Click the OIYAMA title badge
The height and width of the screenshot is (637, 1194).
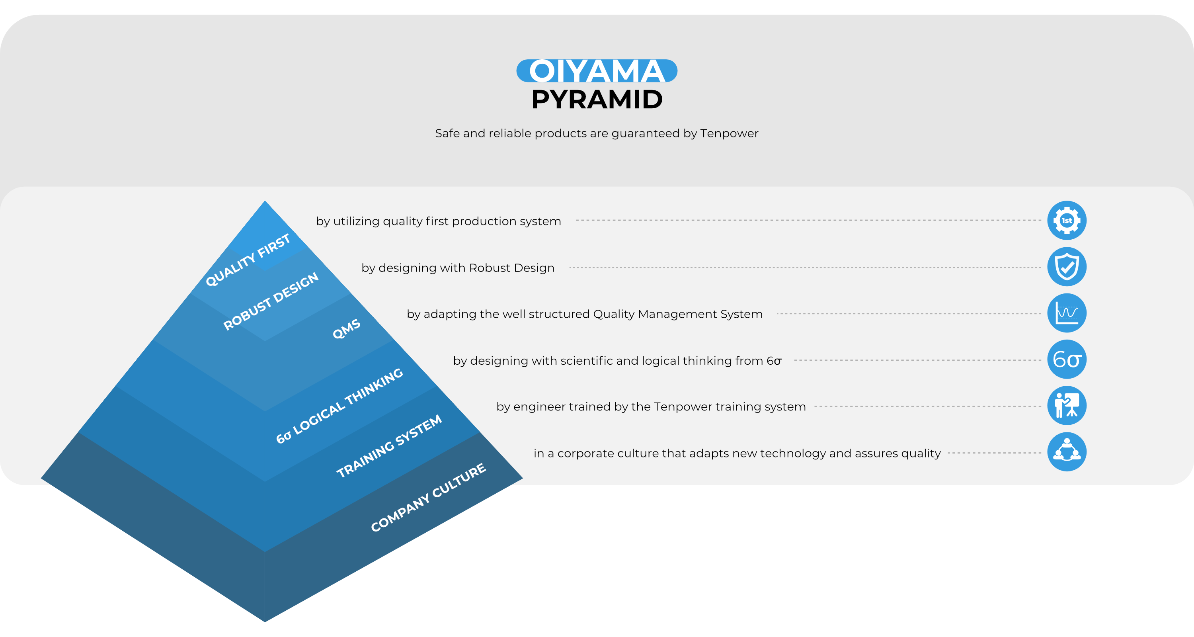click(x=597, y=71)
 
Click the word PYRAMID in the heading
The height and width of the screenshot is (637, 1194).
click(x=597, y=99)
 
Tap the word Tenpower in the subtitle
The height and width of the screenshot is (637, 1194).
click(x=729, y=133)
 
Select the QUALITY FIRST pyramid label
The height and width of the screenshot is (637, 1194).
click(x=248, y=260)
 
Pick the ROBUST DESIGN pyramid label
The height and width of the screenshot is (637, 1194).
click(x=271, y=301)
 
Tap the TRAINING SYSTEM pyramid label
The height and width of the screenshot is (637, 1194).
click(x=389, y=446)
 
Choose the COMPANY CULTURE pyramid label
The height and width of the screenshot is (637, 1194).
click(x=428, y=497)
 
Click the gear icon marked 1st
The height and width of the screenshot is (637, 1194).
click(x=1067, y=221)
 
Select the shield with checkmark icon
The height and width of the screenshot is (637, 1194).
click(x=1067, y=267)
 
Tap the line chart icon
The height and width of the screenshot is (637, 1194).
click(x=1067, y=313)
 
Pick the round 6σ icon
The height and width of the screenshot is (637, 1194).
click(x=1067, y=360)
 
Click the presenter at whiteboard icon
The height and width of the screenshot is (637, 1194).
click(x=1067, y=406)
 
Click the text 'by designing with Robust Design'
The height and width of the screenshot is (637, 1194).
click(x=458, y=268)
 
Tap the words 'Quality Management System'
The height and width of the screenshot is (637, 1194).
click(x=678, y=315)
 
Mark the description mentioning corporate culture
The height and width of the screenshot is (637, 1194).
click(x=737, y=453)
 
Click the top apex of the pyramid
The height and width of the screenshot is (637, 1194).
click(x=265, y=201)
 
